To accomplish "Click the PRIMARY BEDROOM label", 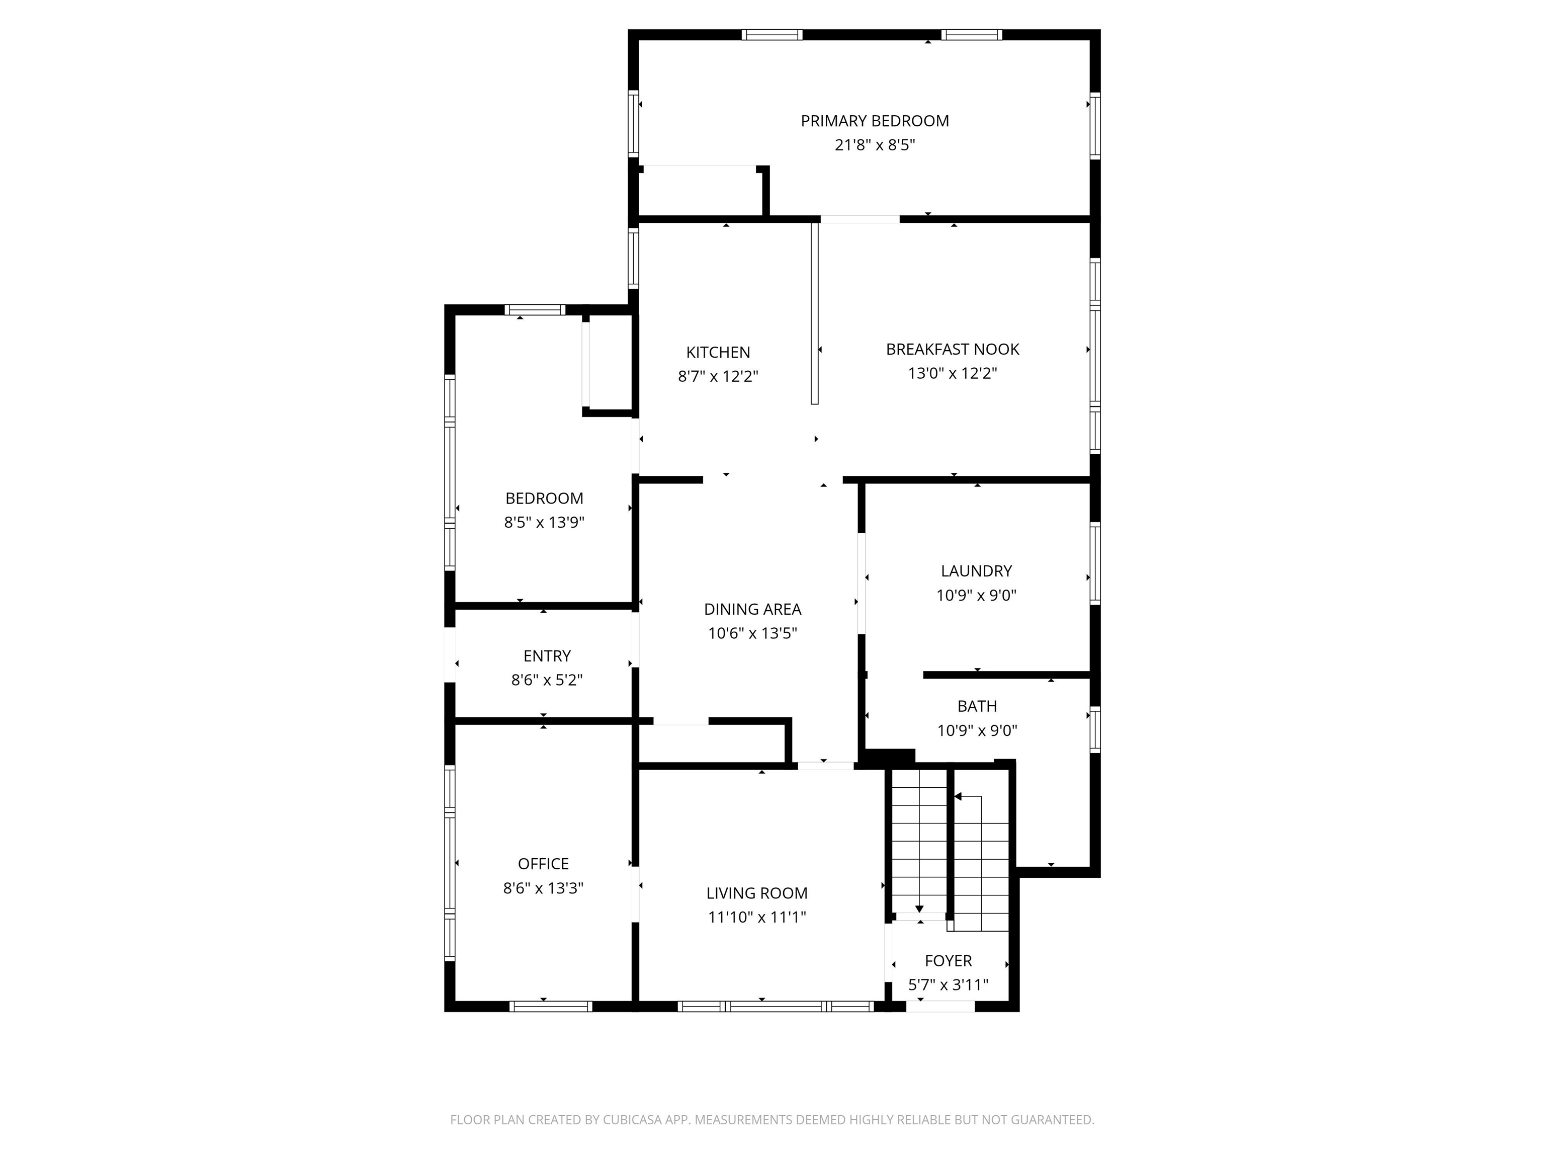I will (x=875, y=121).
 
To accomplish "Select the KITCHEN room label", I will (x=718, y=352).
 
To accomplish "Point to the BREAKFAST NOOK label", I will (x=952, y=349).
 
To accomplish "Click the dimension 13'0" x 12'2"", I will (x=952, y=373).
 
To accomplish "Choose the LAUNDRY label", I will (x=976, y=571).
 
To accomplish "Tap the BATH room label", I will (x=977, y=706).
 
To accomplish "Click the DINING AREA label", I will (x=752, y=609).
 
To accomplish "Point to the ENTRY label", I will (x=547, y=656).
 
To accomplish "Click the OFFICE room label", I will (x=543, y=864).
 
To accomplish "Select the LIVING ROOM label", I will (x=756, y=893).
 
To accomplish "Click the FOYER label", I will (x=948, y=961).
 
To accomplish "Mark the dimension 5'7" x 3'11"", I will (x=948, y=985).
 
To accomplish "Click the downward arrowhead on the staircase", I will (x=919, y=909).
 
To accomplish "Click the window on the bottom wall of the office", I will (x=550, y=1007).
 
